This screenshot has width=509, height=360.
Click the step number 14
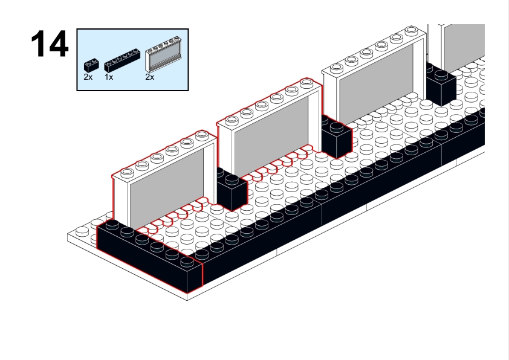(x=50, y=44)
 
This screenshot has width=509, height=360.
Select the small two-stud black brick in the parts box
(x=91, y=65)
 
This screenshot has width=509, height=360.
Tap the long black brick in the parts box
(x=122, y=60)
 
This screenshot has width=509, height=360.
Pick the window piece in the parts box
(x=163, y=54)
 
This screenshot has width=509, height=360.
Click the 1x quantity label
(x=109, y=77)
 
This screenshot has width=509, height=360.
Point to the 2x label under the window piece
(x=150, y=77)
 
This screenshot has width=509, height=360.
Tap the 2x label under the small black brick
(x=88, y=77)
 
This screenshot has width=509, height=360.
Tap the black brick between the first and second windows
(x=232, y=190)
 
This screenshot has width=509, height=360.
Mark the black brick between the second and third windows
(x=337, y=137)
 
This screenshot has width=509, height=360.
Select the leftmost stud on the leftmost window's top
(x=127, y=172)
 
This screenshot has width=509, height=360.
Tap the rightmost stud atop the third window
(x=411, y=30)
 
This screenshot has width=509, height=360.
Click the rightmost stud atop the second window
(x=306, y=83)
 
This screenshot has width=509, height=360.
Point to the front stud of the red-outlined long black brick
(x=187, y=261)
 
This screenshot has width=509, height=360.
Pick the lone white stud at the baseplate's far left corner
(x=82, y=231)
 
